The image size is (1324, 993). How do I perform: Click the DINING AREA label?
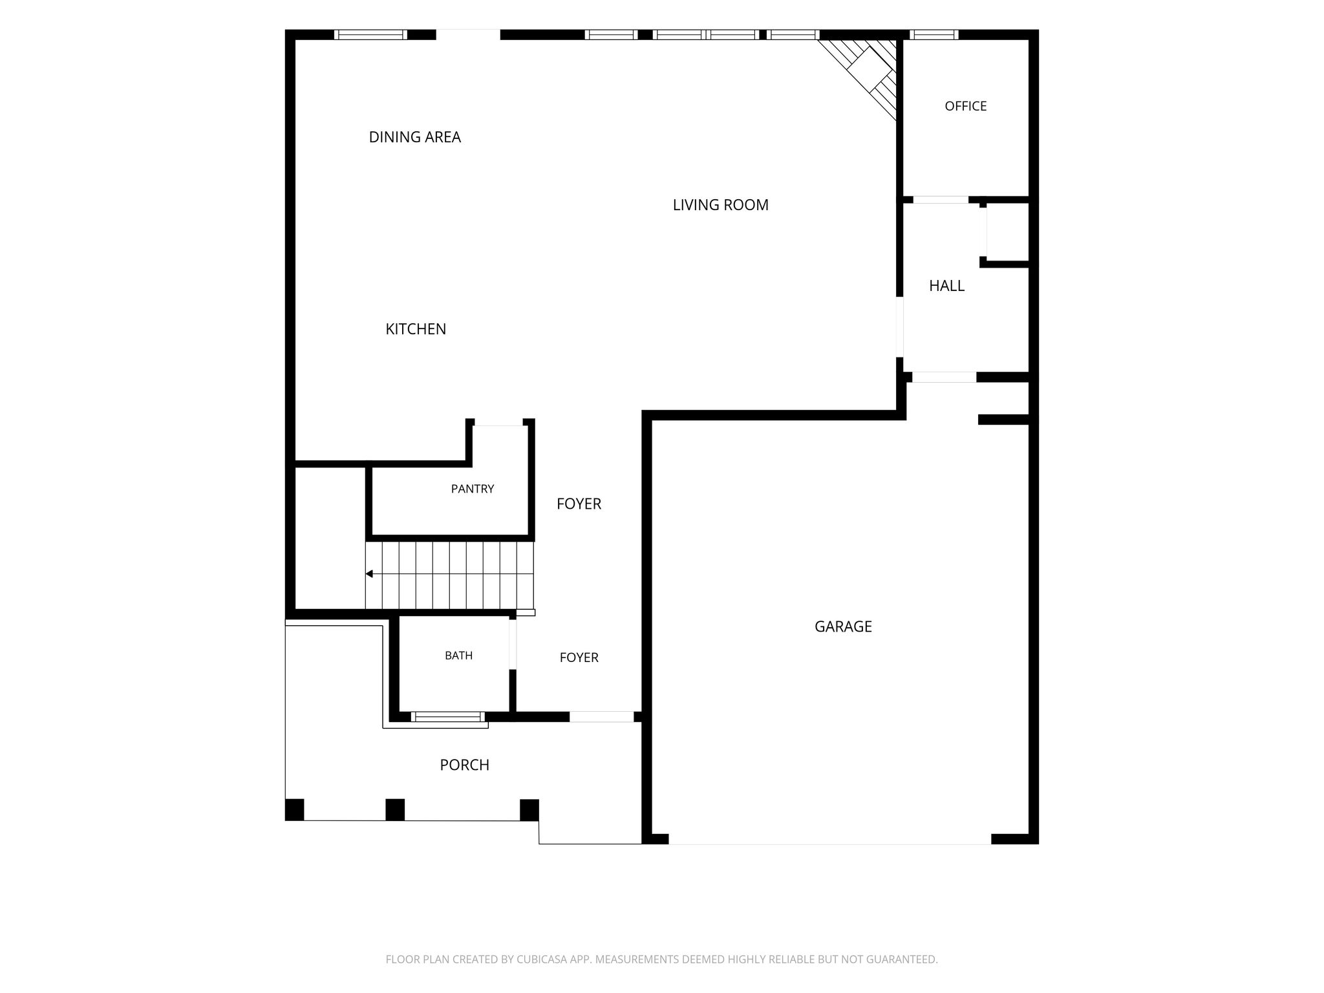414,137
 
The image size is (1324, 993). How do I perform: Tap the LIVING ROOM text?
720,205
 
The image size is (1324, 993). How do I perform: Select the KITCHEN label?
416,329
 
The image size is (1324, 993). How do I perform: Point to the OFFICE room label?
965,106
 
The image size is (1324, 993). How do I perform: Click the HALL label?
946,286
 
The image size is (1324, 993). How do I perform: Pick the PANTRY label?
473,489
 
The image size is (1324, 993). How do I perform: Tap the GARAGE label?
843,626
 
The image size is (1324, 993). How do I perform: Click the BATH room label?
458,656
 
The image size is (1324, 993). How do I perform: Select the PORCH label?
464,765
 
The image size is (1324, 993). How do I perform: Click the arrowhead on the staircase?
369,573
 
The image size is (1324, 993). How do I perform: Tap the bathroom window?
447,716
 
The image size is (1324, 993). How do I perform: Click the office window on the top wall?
934,35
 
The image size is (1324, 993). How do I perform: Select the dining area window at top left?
370,35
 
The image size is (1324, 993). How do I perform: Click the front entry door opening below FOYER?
601,716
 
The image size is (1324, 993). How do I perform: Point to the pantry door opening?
498,423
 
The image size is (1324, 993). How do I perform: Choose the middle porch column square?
395,809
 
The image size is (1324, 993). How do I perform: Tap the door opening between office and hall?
941,200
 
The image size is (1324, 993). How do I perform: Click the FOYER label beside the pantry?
579,504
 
